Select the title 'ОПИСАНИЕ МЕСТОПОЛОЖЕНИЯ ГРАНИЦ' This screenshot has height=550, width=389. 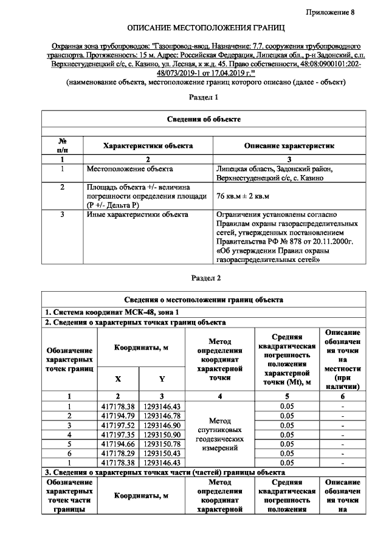point(205,29)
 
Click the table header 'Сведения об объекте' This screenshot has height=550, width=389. point(204,119)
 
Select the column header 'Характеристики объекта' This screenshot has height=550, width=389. point(148,146)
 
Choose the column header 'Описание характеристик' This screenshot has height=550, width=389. point(289,146)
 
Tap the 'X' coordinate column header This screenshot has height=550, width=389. point(117,379)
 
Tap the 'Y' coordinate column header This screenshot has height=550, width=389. point(162,379)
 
